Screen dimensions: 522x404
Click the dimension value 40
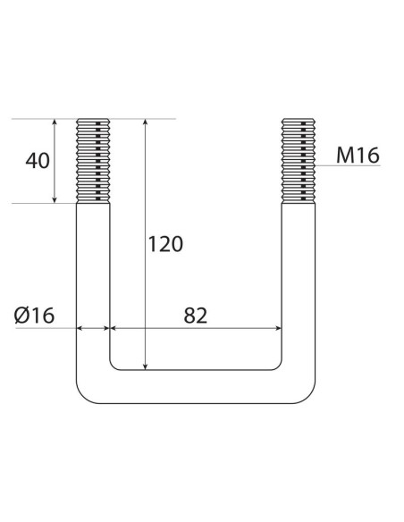click(38, 162)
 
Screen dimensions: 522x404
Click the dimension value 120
click(165, 243)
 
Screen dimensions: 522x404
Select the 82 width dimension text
click(195, 315)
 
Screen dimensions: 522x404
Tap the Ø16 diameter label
click(36, 315)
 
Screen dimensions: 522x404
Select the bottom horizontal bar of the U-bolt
click(197, 385)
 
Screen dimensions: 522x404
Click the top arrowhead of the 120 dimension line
click(145, 123)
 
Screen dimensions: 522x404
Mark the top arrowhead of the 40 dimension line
click(55, 123)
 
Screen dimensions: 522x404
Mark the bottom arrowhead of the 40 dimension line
click(55, 198)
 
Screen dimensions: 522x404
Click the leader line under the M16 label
click(349, 166)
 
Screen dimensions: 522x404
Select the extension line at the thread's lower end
click(45, 203)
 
